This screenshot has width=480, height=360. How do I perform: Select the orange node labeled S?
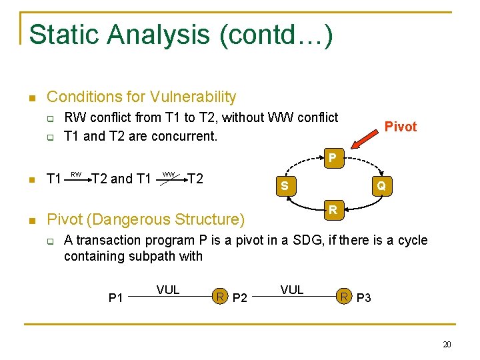[285, 186]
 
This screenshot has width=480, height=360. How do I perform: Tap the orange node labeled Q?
[381, 186]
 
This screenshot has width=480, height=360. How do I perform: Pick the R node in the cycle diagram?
[332, 211]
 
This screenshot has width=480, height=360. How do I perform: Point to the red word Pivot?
[400, 127]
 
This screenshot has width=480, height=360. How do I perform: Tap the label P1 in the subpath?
[116, 297]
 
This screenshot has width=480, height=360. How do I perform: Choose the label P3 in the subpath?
[363, 297]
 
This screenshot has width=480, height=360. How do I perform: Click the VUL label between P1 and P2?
[168, 289]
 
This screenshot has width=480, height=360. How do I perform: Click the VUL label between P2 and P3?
[292, 289]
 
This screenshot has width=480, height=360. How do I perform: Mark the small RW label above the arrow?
[76, 175]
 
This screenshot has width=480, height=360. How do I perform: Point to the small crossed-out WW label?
[169, 175]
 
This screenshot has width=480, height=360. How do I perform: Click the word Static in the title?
[62, 34]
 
